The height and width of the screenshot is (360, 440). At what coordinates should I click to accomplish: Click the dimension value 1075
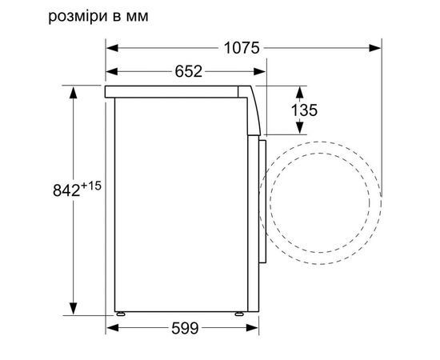pos(242,48)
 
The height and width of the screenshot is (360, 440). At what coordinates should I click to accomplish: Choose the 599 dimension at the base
pos(184,329)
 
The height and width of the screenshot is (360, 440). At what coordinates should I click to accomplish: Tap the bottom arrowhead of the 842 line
pos(73,311)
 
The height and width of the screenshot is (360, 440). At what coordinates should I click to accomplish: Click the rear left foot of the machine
pos(121,314)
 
